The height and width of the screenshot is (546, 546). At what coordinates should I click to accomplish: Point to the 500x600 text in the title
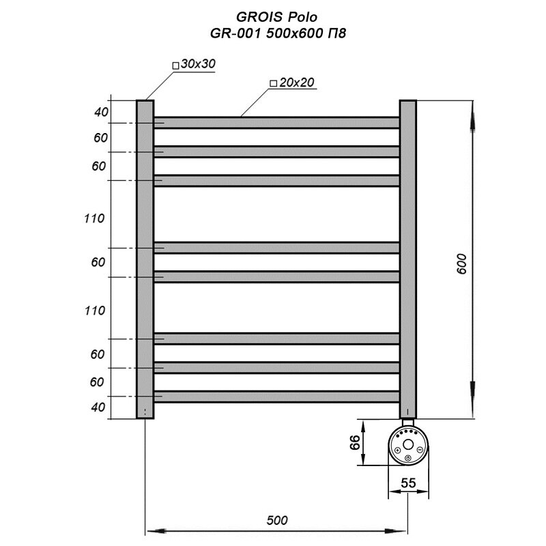tap(295, 33)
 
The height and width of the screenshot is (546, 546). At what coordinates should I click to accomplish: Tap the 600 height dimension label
tap(462, 264)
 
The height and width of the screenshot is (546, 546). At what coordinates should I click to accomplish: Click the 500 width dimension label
tap(277, 520)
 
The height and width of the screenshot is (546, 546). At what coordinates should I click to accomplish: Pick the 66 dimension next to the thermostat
tap(355, 442)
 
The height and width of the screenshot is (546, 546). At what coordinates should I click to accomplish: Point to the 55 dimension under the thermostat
tap(408, 483)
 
